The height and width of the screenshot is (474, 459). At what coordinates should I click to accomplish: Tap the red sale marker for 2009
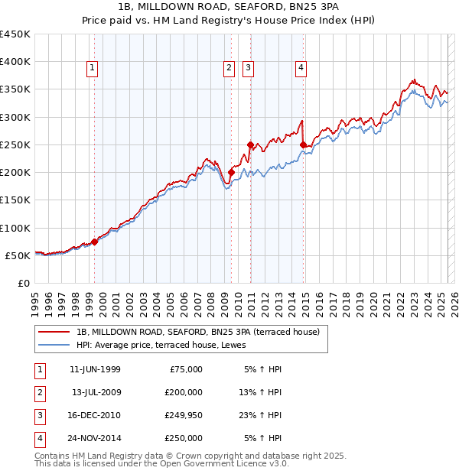click(231, 173)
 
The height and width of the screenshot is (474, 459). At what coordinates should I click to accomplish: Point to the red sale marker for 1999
click(94, 242)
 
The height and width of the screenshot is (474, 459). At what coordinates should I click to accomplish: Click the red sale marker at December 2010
click(250, 144)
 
